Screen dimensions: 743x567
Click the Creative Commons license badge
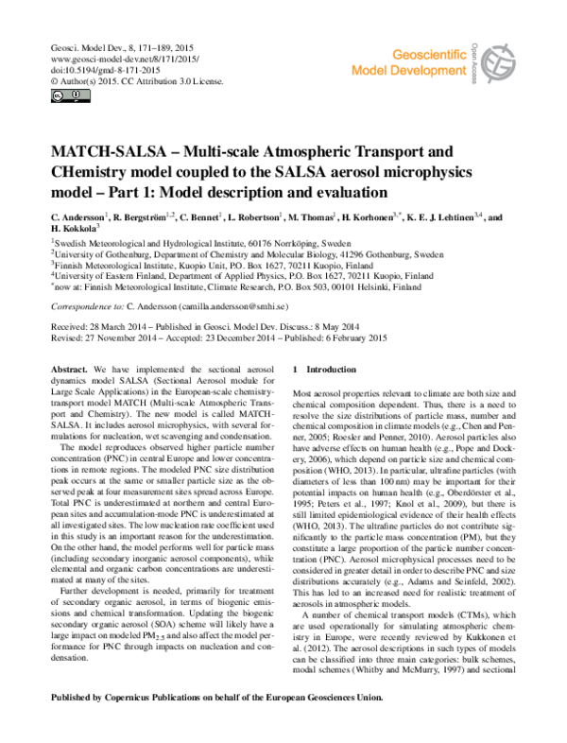pyautogui.click(x=59, y=95)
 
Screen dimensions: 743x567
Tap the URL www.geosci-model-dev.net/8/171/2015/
pyautogui.click(x=114, y=58)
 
